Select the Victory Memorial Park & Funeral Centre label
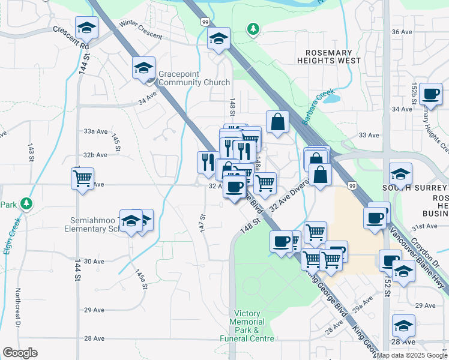coord(255,326)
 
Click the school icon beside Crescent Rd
coord(86,28)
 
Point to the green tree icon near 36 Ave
coord(253,29)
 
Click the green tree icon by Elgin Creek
coord(26,204)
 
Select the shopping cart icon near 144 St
coord(82,178)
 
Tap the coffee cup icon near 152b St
coord(430,94)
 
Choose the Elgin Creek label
coord(11,235)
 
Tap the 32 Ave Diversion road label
coord(291,198)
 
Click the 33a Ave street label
coord(95,131)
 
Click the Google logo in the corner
coord(20,352)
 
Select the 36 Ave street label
coord(402,31)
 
